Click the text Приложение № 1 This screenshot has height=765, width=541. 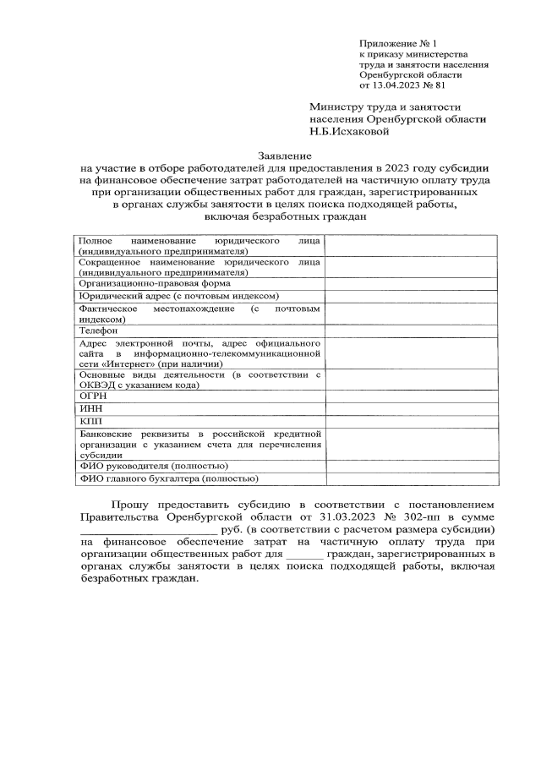point(397,42)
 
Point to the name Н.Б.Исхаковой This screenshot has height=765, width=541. point(348,131)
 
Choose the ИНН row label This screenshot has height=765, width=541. point(90,407)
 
